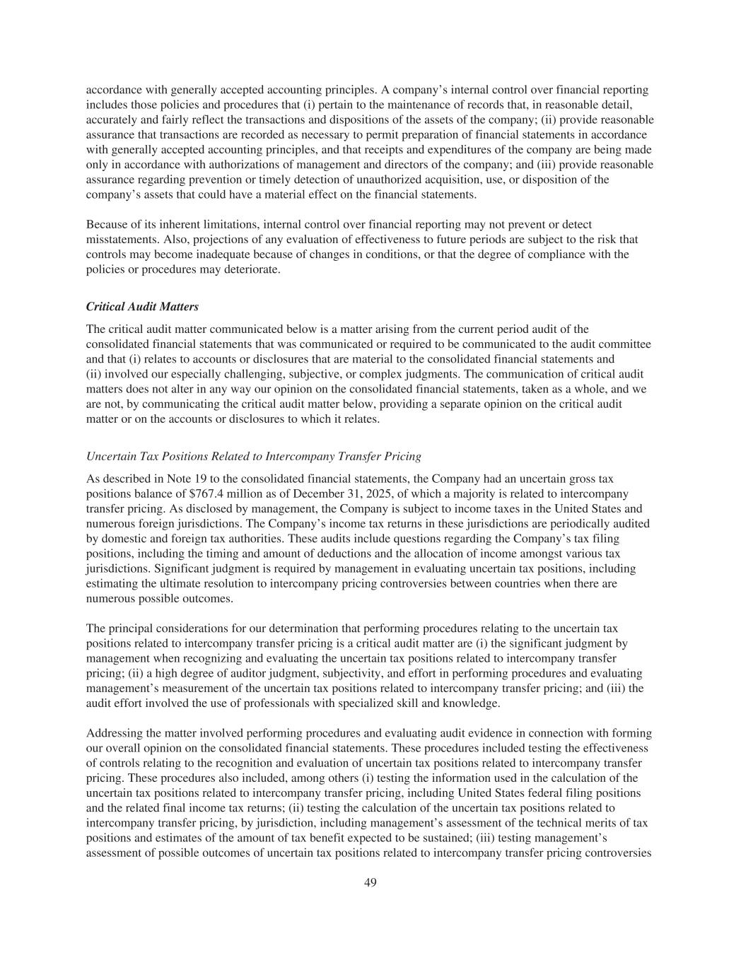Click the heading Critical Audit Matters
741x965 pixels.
click(x=142, y=307)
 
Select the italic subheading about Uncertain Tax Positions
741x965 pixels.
click(x=253, y=456)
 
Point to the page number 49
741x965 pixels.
click(x=370, y=882)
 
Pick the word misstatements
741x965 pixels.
click(x=118, y=240)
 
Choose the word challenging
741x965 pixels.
click(x=259, y=374)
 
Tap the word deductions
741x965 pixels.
click(x=279, y=554)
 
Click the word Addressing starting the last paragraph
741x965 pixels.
click(x=112, y=733)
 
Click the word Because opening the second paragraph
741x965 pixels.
click(x=107, y=225)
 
